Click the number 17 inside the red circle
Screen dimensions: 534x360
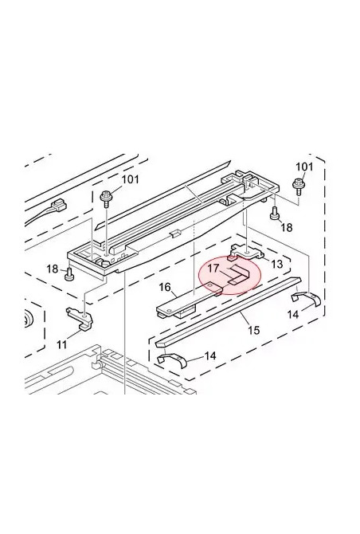point(213,269)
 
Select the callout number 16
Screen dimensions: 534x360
point(166,287)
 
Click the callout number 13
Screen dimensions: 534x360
point(276,264)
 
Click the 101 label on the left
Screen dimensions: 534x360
point(130,179)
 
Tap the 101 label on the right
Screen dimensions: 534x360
point(305,167)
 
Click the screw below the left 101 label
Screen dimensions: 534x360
point(107,195)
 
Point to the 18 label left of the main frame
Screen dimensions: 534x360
point(52,269)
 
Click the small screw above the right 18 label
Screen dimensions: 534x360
point(275,213)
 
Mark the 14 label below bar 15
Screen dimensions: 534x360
point(210,355)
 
